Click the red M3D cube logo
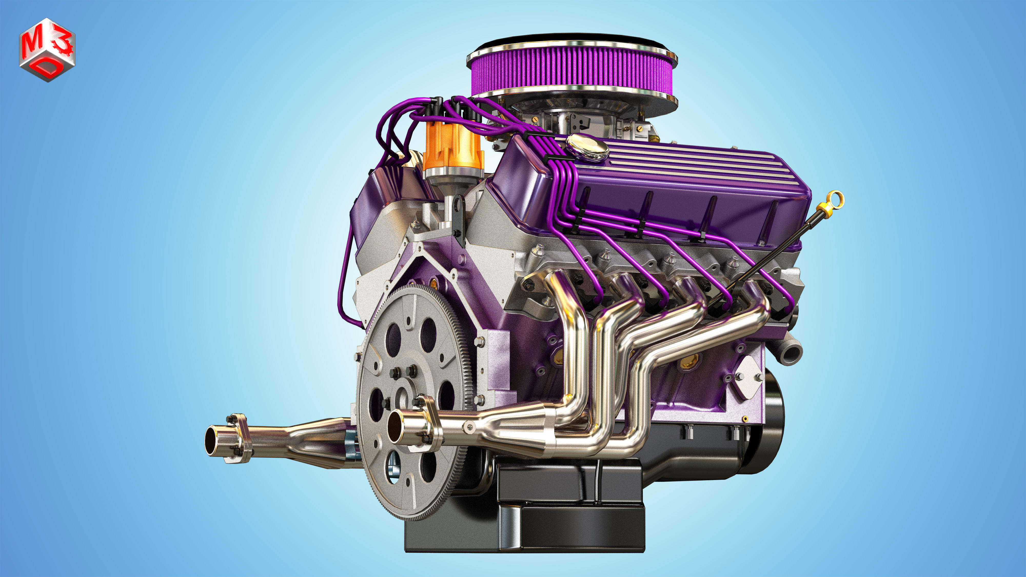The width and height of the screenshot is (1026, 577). [47, 50]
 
